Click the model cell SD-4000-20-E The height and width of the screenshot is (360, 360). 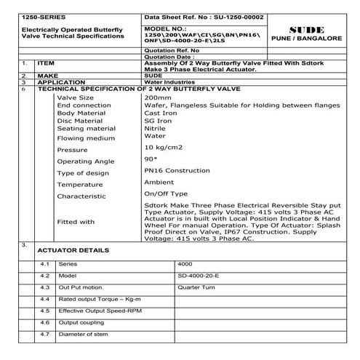click(x=197, y=276)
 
